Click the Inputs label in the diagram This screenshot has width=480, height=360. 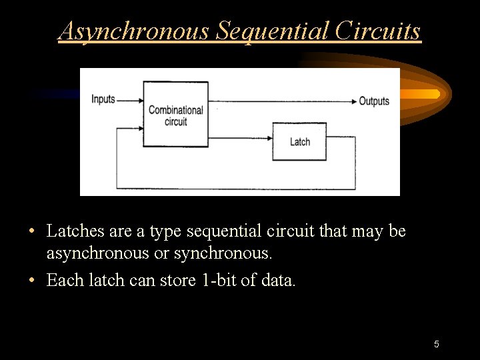[103, 99]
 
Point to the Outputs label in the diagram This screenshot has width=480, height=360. [374, 101]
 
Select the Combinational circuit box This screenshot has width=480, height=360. [175, 114]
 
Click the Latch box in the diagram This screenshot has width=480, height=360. [299, 141]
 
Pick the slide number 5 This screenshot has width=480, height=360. [436, 344]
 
